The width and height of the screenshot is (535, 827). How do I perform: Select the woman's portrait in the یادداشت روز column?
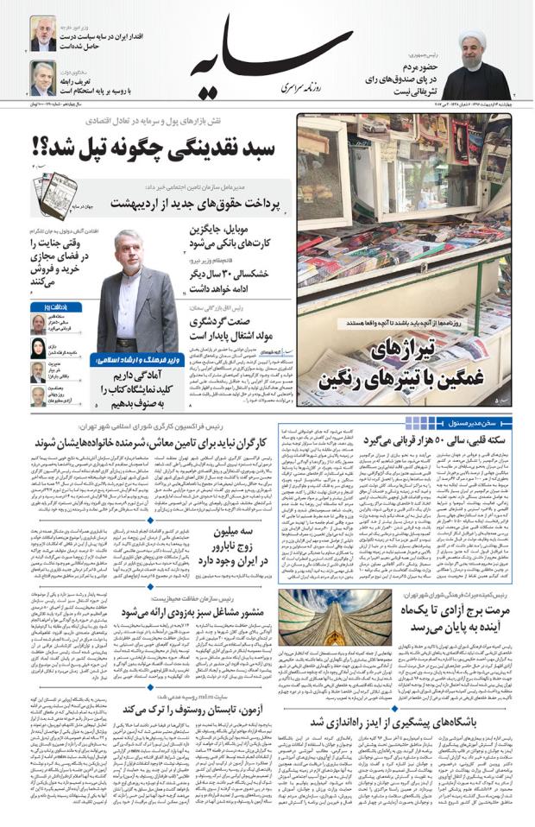click(x=39, y=348)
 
